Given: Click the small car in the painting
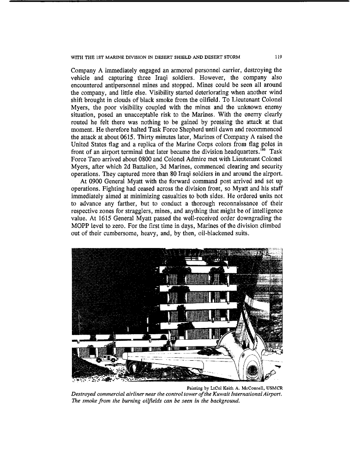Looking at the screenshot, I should coord(105,358).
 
